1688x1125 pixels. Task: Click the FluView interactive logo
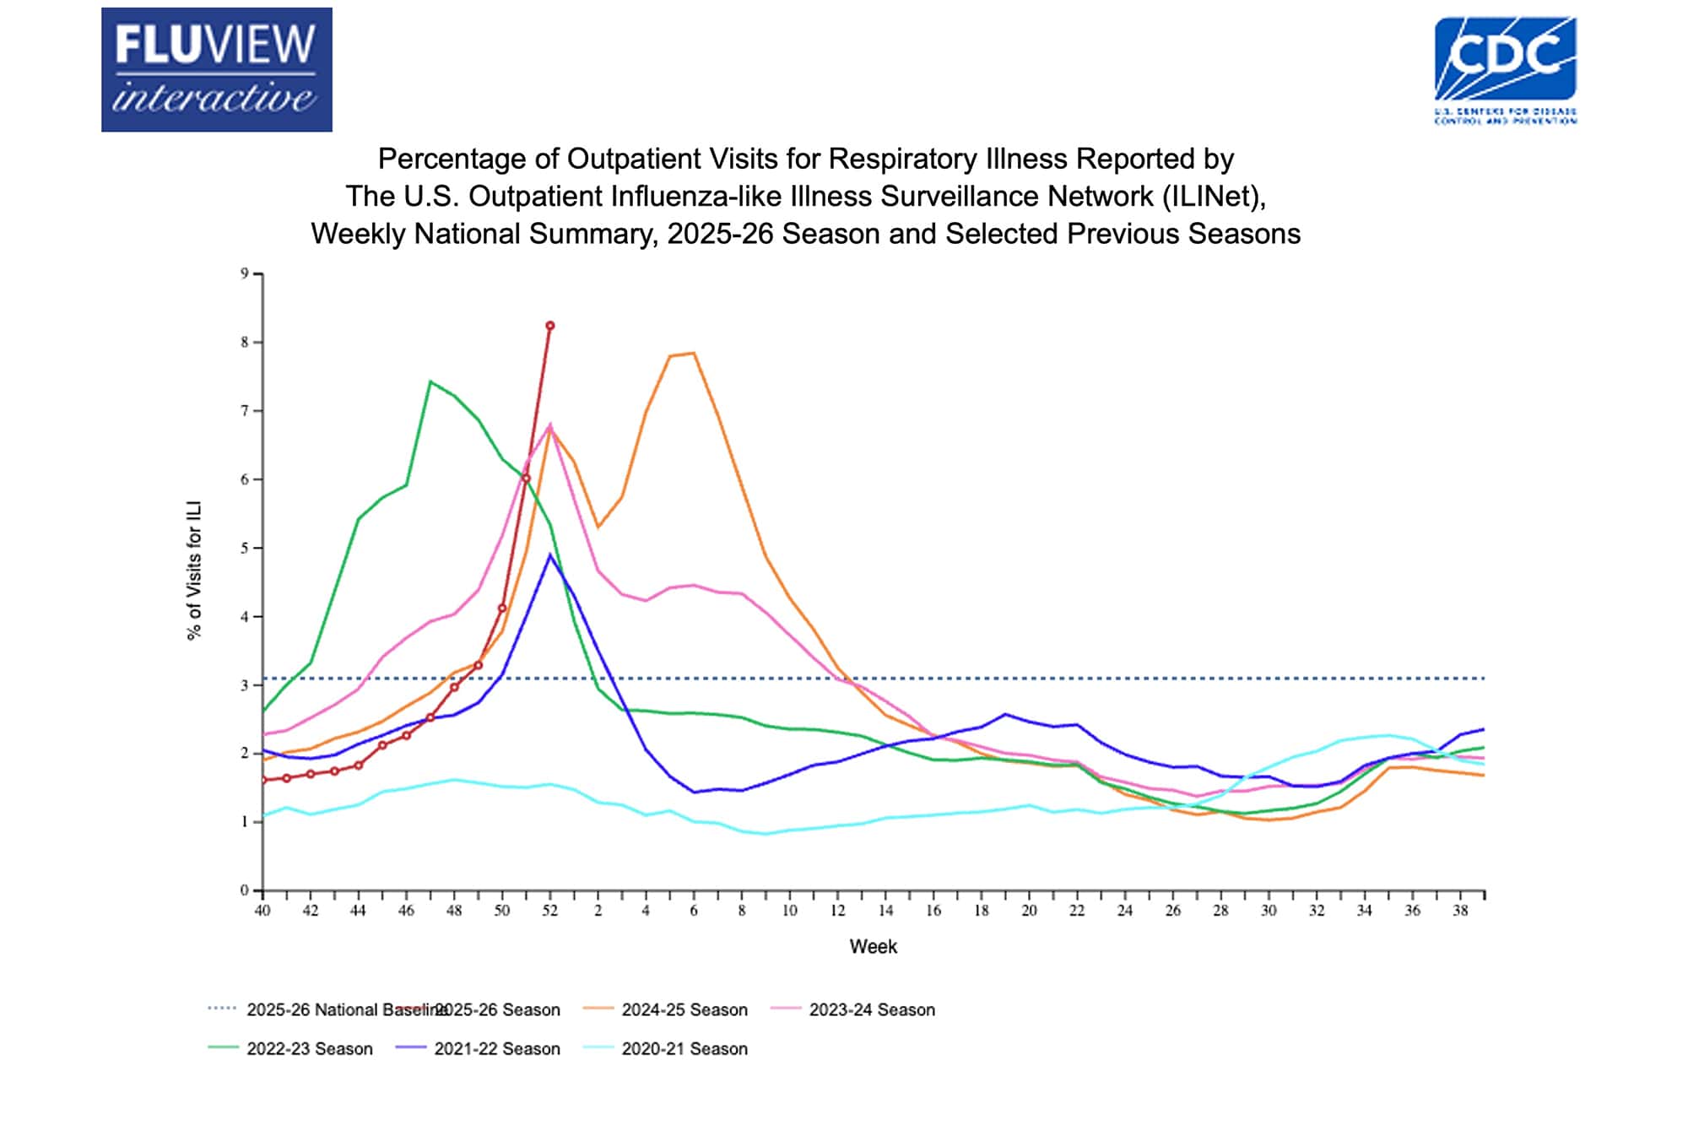tap(216, 69)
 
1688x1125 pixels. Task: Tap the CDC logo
tap(1505, 69)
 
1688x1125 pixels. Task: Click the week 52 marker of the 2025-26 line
tap(550, 326)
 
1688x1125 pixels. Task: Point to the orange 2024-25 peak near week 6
tap(694, 354)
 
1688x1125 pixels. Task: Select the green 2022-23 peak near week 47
tap(430, 381)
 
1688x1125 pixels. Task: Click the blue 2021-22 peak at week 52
tap(550, 554)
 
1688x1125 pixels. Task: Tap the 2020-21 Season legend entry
tap(684, 1048)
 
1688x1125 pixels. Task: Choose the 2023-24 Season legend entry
tap(871, 1009)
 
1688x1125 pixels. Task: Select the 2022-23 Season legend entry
tap(309, 1048)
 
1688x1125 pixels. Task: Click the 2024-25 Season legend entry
tap(684, 1009)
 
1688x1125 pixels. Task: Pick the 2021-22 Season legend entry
tap(496, 1048)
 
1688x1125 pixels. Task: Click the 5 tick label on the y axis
tap(245, 548)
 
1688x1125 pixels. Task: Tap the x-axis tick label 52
tap(549, 911)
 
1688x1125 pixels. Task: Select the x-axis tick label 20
tap(1029, 911)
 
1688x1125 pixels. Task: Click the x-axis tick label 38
tap(1460, 911)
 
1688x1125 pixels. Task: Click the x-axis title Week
tap(873, 946)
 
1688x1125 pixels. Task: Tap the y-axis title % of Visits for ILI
tap(194, 571)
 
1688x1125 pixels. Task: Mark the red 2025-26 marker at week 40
tap(263, 780)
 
